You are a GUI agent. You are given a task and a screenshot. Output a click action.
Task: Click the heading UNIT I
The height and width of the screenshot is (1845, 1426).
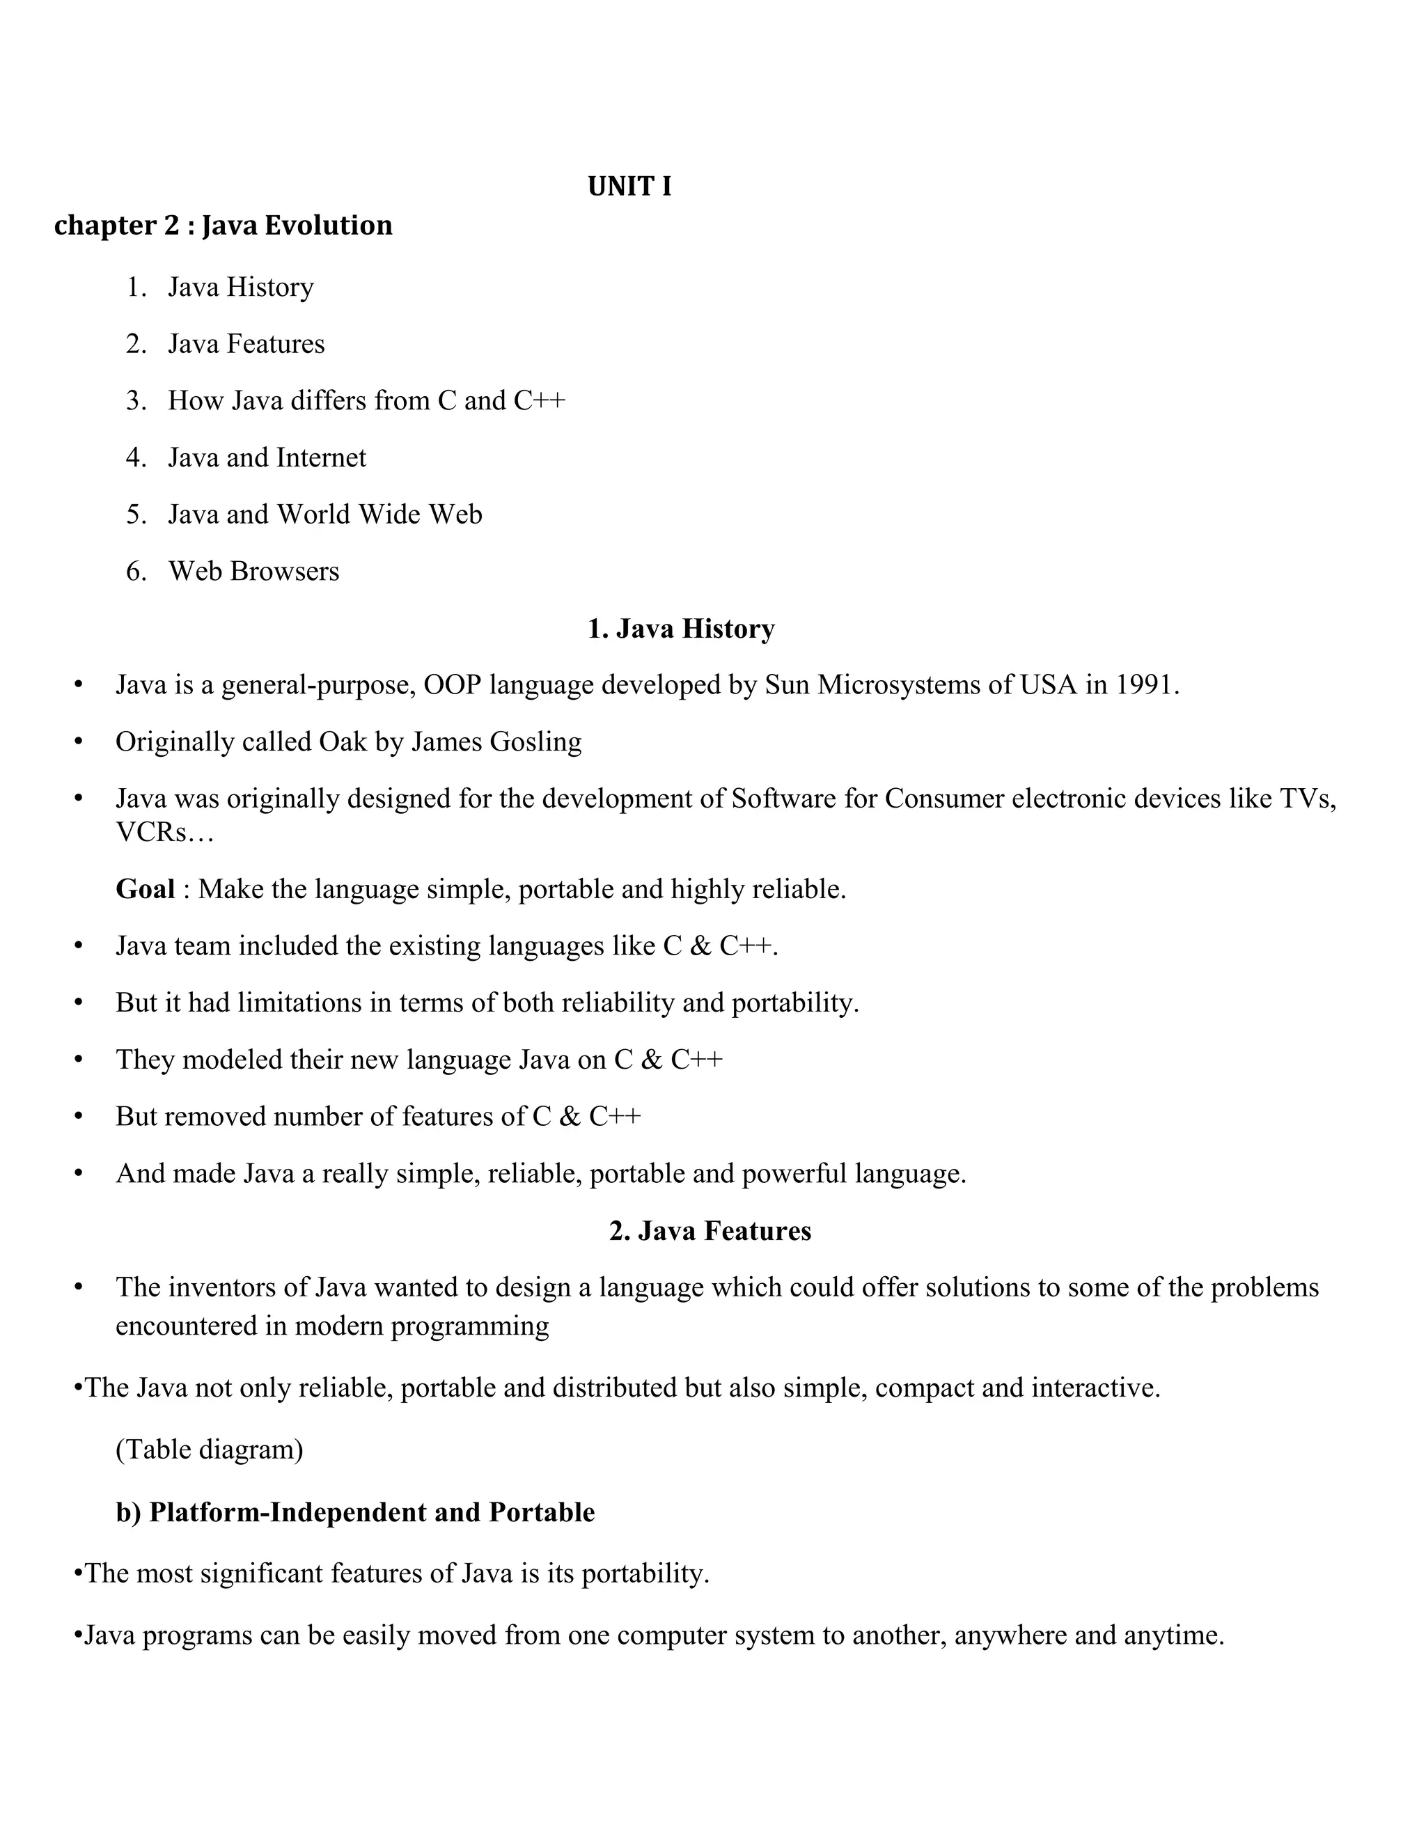tap(629, 187)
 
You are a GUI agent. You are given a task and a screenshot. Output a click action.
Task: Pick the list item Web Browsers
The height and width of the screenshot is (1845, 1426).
tap(253, 571)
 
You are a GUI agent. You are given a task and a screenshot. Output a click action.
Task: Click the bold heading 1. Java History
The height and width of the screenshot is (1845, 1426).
tap(681, 629)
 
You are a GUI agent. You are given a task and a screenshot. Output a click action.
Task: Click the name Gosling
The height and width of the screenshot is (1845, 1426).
tap(538, 741)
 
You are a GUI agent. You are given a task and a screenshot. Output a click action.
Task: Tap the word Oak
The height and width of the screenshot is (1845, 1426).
tap(342, 741)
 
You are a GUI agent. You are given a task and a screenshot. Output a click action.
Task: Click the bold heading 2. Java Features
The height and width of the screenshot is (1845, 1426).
tap(710, 1231)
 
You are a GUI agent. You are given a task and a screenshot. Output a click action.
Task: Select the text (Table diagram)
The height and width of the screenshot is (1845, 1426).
tap(209, 1450)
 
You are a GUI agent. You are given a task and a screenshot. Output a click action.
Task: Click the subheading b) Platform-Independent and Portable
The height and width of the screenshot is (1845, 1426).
tap(355, 1512)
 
